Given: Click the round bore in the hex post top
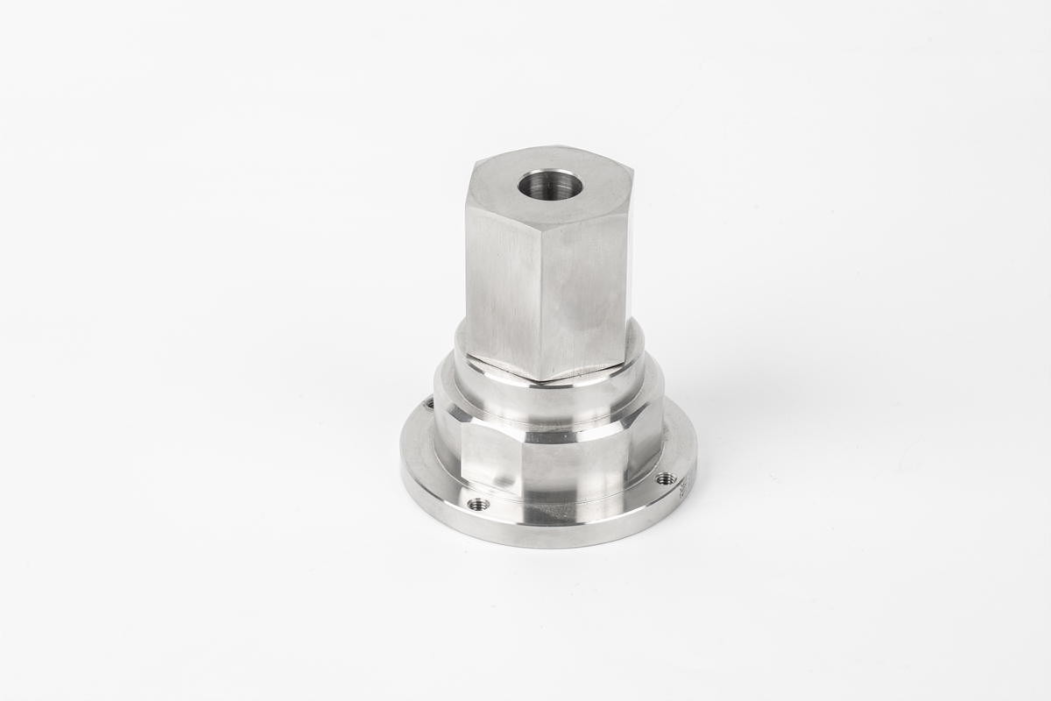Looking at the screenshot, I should pos(550,185).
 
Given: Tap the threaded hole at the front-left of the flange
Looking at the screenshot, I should pos(478,504).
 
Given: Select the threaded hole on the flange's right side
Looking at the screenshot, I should pos(665,478).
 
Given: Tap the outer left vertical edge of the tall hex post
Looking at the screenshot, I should pos(467,272).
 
